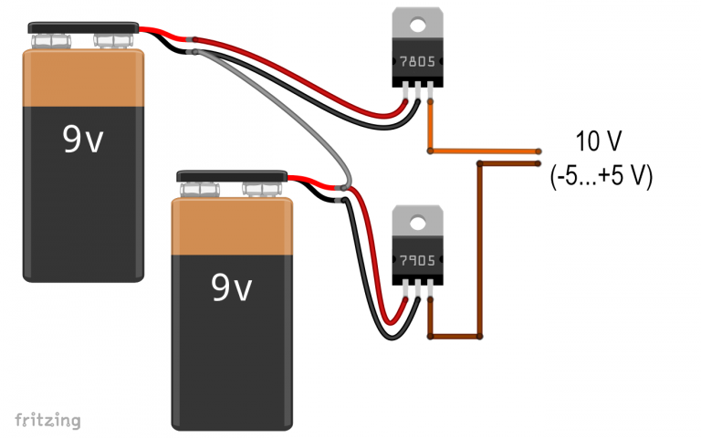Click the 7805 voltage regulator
tap(417, 62)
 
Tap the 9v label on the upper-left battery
tap(84, 139)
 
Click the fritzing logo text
tap(47, 420)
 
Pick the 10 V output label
tap(599, 141)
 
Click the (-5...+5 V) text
tap(600, 176)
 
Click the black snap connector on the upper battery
tap(82, 27)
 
